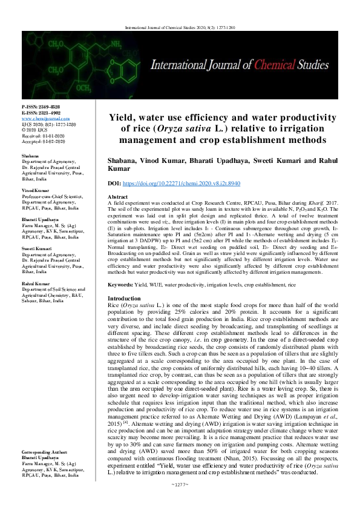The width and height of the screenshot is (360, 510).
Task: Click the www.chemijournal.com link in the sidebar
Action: pyautogui.click(x=45, y=119)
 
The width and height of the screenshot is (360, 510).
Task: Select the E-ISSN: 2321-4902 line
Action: pyautogui.click(x=41, y=113)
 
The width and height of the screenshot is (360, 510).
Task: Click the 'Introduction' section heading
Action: pyautogui.click(x=123, y=299)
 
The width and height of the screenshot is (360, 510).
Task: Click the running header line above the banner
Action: pyautogui.click(x=180, y=27)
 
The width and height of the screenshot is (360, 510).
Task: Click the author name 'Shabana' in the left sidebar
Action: pyautogui.click(x=30, y=157)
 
